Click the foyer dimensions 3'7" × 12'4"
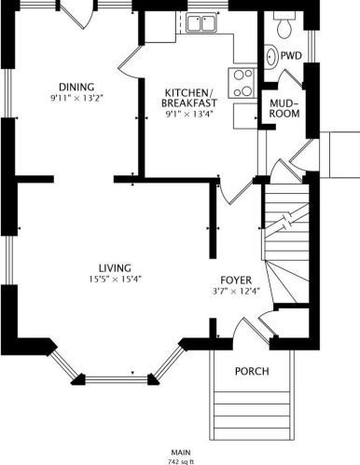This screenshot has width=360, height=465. coord(236,292)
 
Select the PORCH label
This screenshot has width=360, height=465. coord(252,371)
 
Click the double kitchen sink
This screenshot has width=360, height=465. coord(200,23)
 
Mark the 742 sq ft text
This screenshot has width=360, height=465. coord(180,460)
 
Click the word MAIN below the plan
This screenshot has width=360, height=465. coord(180,452)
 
